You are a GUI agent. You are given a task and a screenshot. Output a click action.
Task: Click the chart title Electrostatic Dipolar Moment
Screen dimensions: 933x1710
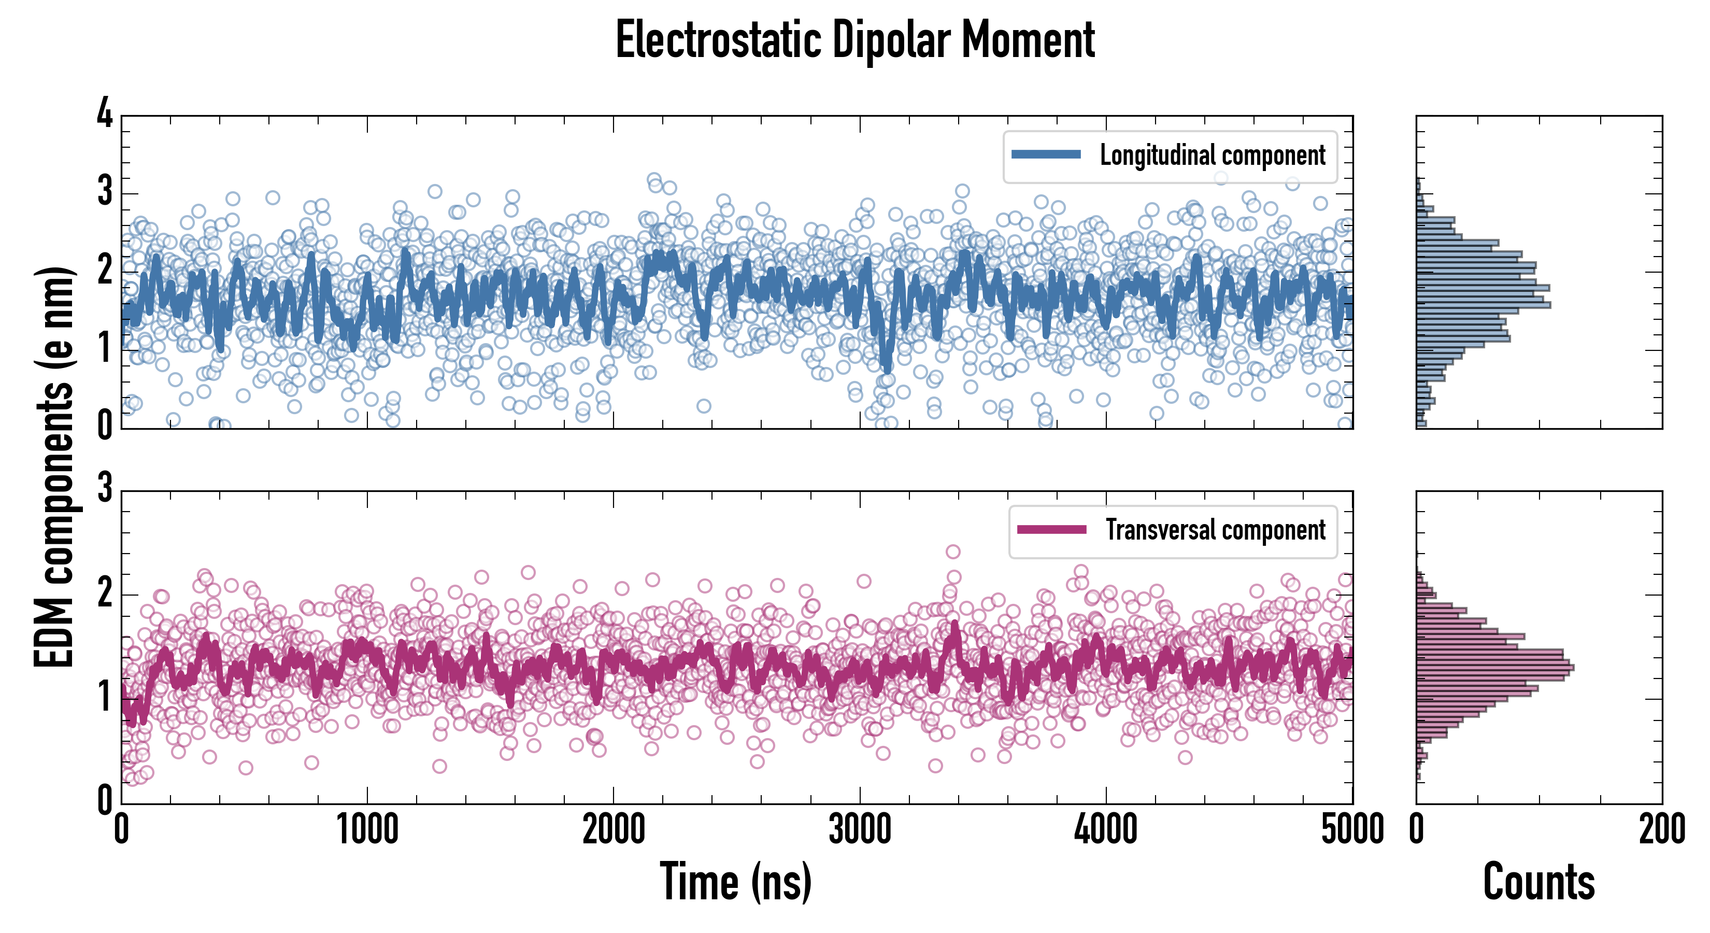(x=855, y=40)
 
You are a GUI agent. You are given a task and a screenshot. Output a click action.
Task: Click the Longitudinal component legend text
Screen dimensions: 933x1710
(x=1212, y=155)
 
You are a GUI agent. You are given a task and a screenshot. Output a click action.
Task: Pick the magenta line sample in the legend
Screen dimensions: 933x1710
(x=1051, y=530)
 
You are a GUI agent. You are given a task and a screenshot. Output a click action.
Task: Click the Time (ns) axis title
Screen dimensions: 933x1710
(x=735, y=882)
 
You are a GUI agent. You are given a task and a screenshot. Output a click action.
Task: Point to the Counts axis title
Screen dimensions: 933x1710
(x=1538, y=882)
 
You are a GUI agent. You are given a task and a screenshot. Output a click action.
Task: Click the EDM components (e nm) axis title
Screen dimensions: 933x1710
(x=54, y=468)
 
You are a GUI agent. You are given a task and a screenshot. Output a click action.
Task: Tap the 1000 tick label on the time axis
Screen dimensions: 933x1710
(x=367, y=830)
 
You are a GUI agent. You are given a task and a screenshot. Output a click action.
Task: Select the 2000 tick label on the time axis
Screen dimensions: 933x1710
(x=614, y=830)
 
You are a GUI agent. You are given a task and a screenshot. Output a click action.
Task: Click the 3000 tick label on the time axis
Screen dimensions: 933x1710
(x=860, y=830)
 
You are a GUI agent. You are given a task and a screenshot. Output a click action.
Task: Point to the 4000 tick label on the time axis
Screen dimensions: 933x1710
(x=1106, y=830)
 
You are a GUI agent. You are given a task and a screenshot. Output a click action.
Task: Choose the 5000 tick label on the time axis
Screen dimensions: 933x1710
(x=1352, y=830)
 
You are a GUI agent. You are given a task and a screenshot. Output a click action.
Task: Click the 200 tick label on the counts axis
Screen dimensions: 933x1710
(x=1661, y=830)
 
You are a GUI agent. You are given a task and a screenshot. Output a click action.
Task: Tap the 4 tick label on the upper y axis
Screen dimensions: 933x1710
(x=105, y=114)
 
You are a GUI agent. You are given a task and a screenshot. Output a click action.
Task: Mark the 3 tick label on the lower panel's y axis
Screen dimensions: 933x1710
(x=105, y=489)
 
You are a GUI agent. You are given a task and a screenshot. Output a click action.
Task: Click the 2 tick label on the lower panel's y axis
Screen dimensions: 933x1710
(x=105, y=593)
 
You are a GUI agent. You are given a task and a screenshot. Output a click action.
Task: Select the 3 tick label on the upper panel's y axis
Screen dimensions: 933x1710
(x=105, y=193)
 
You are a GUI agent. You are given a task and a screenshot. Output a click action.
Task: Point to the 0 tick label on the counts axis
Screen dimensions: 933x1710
(x=1417, y=830)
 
